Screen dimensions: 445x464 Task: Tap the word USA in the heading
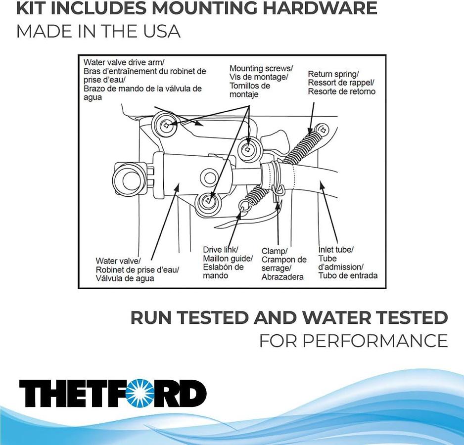[x=157, y=31]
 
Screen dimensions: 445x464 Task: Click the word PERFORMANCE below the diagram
[x=353, y=341]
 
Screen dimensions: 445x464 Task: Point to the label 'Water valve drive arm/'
[x=124, y=62]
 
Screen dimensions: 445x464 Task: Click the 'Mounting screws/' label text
[x=261, y=68]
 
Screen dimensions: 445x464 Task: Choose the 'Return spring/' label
[x=333, y=74]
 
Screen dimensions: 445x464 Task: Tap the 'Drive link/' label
[x=221, y=250]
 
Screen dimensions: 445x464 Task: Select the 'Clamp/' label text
[x=274, y=251]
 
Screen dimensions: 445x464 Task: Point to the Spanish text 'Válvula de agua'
[x=125, y=278]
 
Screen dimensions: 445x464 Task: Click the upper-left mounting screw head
[x=167, y=125]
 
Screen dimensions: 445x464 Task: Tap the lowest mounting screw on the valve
[x=209, y=201]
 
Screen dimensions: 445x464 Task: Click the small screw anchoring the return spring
[x=323, y=130]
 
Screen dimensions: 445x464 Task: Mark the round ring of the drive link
[x=243, y=205]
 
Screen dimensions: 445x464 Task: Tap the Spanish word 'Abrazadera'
[x=282, y=277]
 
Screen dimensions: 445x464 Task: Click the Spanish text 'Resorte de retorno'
[x=341, y=91]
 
